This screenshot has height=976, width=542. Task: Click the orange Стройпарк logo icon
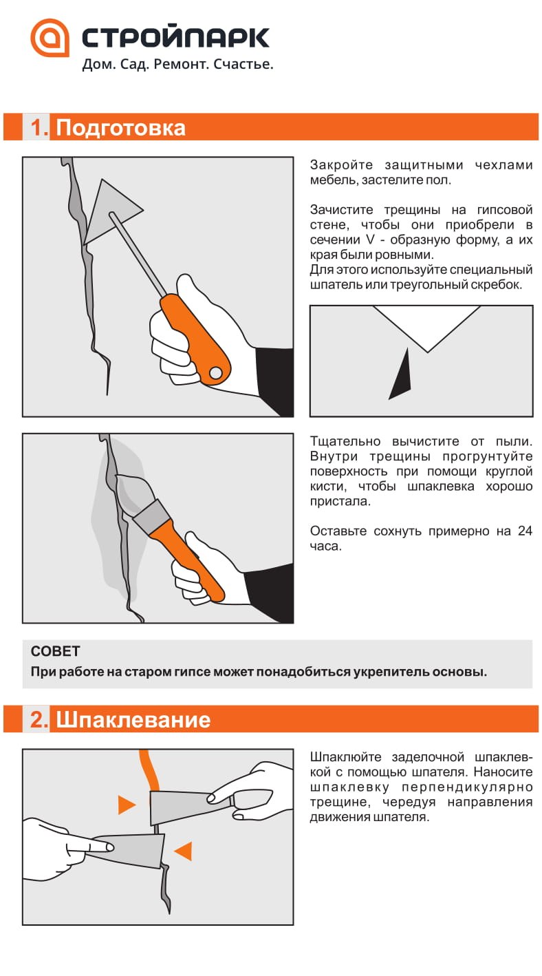(x=50, y=38)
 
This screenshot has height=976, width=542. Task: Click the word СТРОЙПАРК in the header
(x=175, y=38)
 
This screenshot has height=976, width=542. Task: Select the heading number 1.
(x=39, y=128)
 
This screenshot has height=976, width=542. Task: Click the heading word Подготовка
(x=120, y=128)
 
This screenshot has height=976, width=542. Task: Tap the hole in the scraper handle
(x=215, y=372)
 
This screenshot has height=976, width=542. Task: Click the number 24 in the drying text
(x=524, y=531)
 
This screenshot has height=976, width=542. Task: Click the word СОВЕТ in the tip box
(x=56, y=651)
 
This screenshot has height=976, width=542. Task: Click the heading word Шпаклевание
(x=133, y=720)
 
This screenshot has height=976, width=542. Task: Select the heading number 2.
(x=39, y=720)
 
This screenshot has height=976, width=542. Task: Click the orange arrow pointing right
(x=126, y=805)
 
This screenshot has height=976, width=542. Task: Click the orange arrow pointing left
(x=183, y=851)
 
